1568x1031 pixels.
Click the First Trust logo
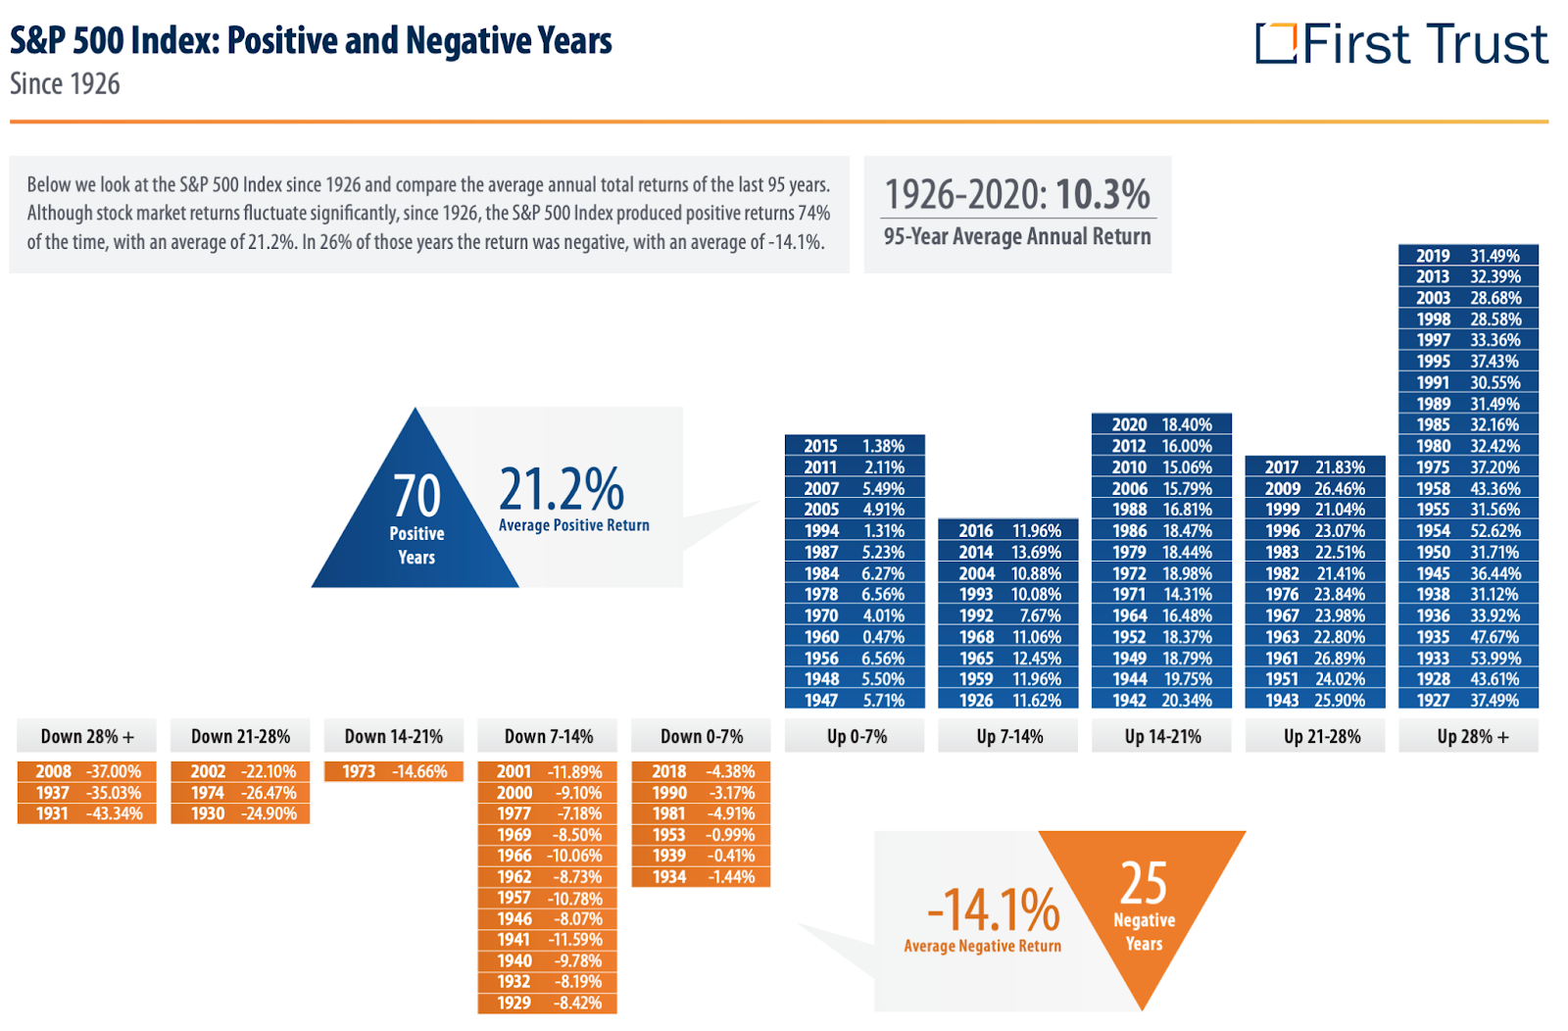pos(1400,44)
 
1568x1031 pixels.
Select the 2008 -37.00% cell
pos(87,771)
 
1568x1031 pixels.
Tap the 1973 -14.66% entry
pos(394,771)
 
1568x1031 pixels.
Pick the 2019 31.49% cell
pos(1468,256)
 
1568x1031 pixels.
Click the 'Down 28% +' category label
pos(87,736)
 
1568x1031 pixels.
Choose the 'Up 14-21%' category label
pos(1162,736)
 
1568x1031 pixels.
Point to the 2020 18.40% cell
pos(1161,424)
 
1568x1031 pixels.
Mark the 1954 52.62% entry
pos(1468,530)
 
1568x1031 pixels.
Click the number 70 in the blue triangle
pos(416,496)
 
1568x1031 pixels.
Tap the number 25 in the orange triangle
pos(1144,883)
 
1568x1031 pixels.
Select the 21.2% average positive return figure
pos(562,489)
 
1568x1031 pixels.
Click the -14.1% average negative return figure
pos(993,909)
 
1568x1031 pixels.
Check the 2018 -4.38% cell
pos(702,771)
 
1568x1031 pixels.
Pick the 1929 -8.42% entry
pos(548,1003)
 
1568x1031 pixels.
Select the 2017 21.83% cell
pos(1314,467)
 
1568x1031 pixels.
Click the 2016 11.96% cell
pos(1008,530)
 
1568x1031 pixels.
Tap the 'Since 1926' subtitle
pos(65,84)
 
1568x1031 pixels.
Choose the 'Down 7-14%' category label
pos(548,736)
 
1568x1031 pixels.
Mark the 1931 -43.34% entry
pos(87,813)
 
